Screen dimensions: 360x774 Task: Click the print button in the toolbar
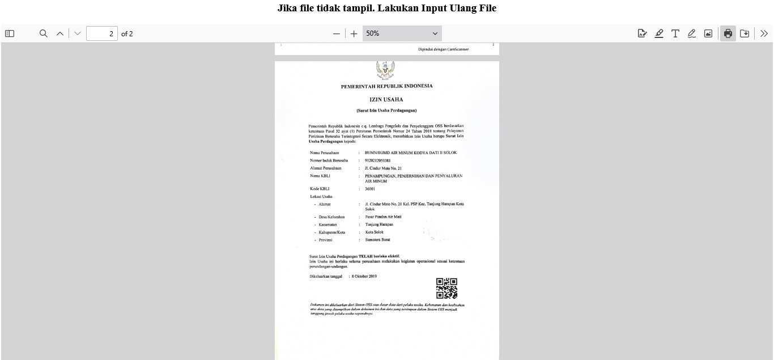pyautogui.click(x=728, y=33)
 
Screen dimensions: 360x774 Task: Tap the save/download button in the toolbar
pyautogui.click(x=745, y=33)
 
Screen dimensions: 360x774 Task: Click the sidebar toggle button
pyautogui.click(x=10, y=33)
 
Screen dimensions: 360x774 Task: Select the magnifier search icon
pyautogui.click(x=43, y=33)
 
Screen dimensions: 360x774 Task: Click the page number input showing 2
pyautogui.click(x=102, y=33)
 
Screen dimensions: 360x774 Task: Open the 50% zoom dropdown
pyautogui.click(x=402, y=33)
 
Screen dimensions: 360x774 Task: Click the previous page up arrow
pyautogui.click(x=60, y=33)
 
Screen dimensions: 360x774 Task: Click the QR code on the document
pyautogui.click(x=446, y=288)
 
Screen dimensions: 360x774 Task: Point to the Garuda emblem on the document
pyautogui.click(x=385, y=70)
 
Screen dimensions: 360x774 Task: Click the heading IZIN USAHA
pyautogui.click(x=386, y=100)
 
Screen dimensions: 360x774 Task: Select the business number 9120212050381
pyautogui.click(x=377, y=160)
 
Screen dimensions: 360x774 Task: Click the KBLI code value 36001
pyautogui.click(x=370, y=189)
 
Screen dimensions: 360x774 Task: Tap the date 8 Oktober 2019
pyautogui.click(x=364, y=277)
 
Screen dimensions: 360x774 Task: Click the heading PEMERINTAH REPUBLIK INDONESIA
pyautogui.click(x=386, y=86)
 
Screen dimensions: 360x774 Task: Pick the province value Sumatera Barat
pyautogui.click(x=377, y=240)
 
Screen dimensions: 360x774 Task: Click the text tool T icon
pyautogui.click(x=675, y=33)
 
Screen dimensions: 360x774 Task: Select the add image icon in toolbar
pyautogui.click(x=708, y=33)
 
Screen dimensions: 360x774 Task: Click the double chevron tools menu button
pyautogui.click(x=764, y=33)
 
